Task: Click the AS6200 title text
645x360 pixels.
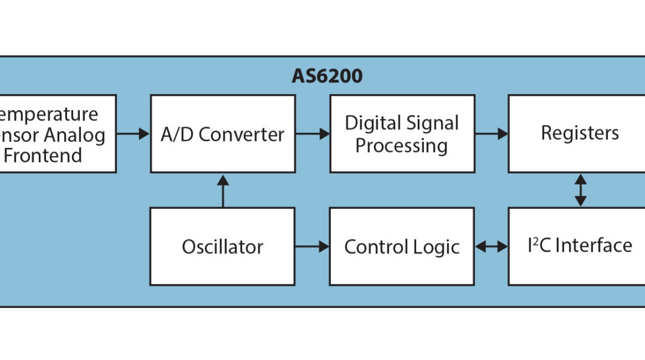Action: click(327, 77)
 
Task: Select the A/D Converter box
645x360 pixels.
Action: click(222, 134)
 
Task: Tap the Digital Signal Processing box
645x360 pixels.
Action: click(402, 134)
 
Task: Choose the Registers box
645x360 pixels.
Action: click(580, 133)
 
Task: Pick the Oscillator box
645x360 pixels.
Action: click(222, 246)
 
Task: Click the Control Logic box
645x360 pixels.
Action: click(402, 246)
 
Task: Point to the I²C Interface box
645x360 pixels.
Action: click(580, 246)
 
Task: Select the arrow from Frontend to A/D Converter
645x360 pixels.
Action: click(132, 134)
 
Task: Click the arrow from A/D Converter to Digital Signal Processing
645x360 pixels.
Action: click(312, 134)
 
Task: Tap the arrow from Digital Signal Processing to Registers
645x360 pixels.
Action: click(491, 134)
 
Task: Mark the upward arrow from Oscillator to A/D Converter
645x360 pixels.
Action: click(223, 190)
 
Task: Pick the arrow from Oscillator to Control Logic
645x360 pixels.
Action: click(312, 246)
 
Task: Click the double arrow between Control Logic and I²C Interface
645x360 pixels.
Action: click(491, 246)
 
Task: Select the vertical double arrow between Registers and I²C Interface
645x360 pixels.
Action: click(580, 190)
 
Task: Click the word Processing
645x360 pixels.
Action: click(402, 146)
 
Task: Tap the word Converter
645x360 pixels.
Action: click(242, 134)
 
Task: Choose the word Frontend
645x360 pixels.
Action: click(43, 155)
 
